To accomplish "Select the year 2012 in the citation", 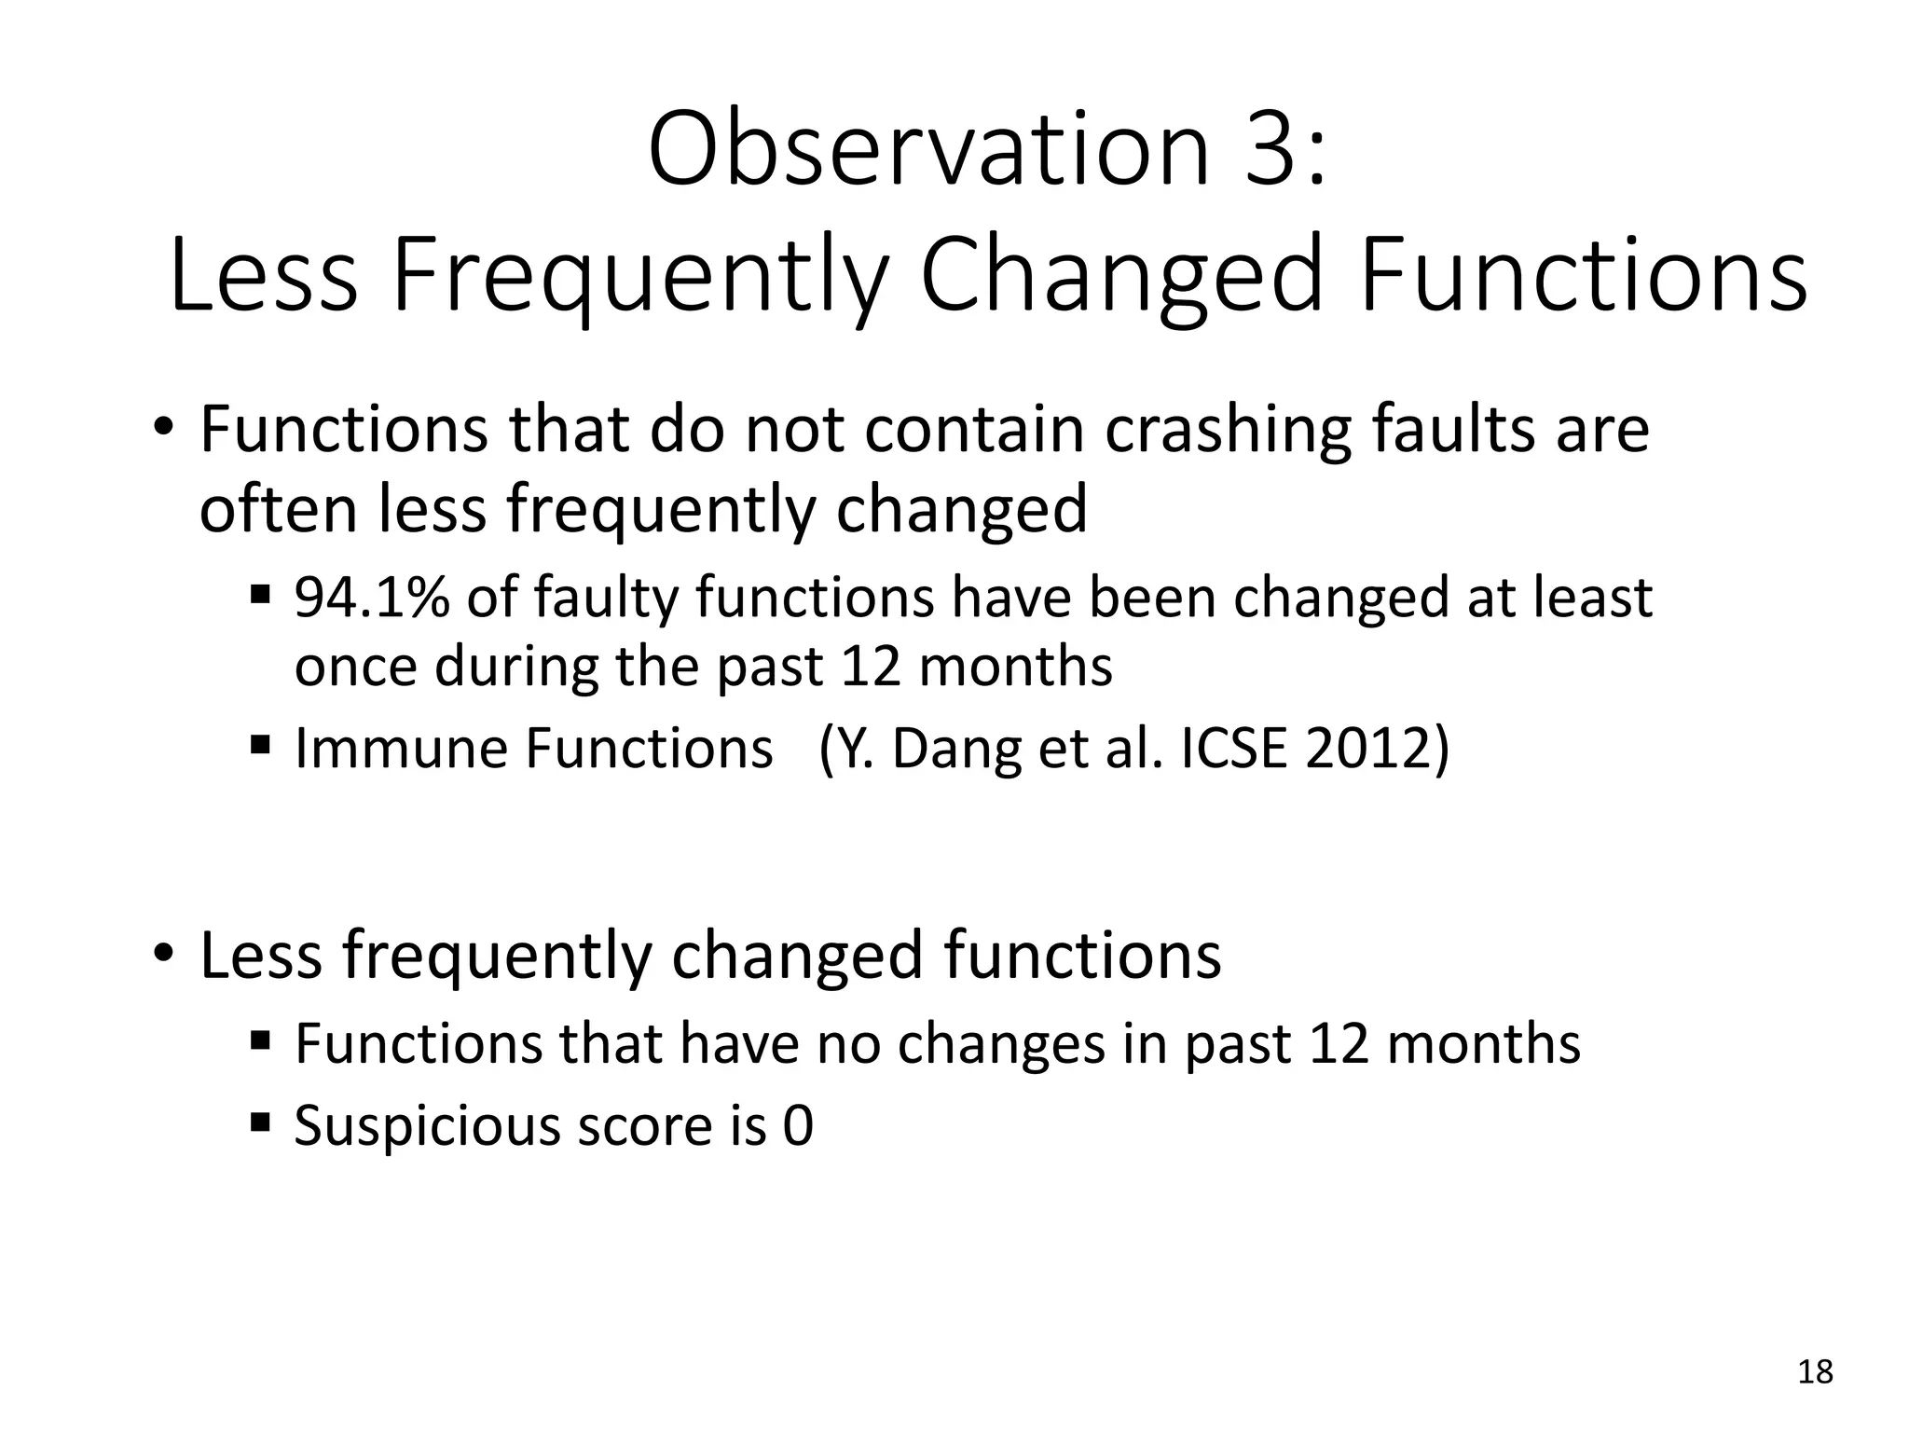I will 1367,748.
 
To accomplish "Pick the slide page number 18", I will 1815,1371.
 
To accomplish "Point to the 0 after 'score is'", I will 798,1125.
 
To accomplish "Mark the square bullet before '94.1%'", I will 260,593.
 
